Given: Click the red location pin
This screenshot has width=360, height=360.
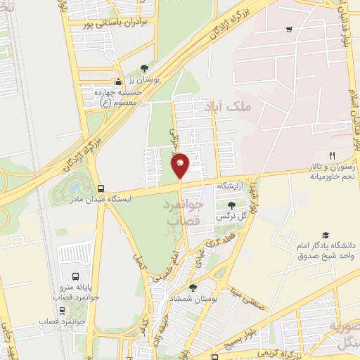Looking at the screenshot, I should point(180,165).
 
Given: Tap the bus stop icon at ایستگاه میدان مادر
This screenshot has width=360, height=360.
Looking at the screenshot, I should point(101,189).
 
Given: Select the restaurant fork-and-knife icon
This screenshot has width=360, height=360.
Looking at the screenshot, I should point(333,155).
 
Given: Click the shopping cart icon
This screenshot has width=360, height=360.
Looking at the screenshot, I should point(289,30).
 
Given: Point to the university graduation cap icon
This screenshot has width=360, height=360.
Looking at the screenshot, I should point(325,235).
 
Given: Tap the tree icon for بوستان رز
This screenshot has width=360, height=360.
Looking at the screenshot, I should point(144,68).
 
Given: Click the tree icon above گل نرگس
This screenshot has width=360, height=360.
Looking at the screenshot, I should point(231,205).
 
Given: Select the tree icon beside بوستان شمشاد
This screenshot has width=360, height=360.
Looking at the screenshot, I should point(193,288).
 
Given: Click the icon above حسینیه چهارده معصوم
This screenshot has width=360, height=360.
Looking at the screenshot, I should point(118,82).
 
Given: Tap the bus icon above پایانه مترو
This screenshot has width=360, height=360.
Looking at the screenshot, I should point(75,275).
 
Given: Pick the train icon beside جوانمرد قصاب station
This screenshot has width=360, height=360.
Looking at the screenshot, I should point(63,310).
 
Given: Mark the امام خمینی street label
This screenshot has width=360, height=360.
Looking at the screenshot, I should point(184,252).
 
